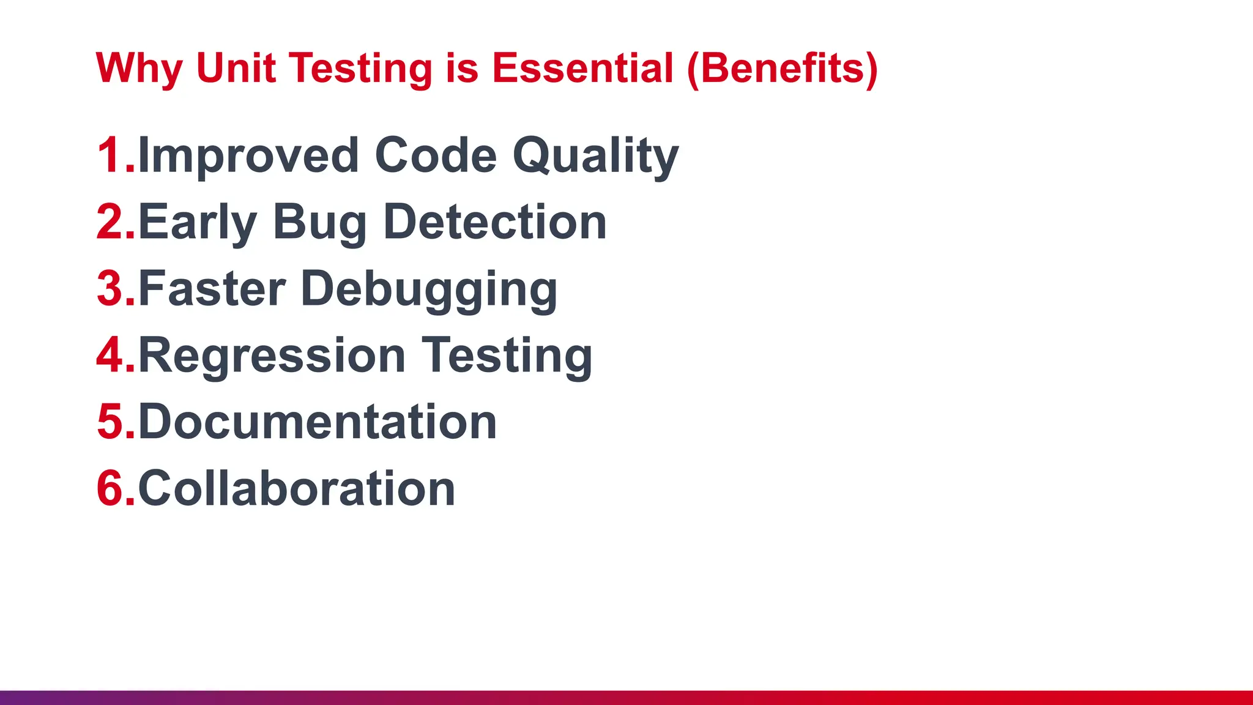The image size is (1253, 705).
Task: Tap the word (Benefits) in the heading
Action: tap(783, 69)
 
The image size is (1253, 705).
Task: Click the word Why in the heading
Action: tap(139, 69)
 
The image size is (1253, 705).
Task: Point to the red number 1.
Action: tap(112, 155)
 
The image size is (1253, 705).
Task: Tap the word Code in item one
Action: tap(436, 155)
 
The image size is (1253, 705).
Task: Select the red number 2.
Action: tap(112, 222)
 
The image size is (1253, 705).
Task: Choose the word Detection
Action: tap(495, 222)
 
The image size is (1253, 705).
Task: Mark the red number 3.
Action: tap(112, 289)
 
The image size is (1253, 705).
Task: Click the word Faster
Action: tap(212, 289)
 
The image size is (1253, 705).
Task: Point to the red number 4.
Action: tap(112, 356)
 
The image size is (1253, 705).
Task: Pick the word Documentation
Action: tap(318, 422)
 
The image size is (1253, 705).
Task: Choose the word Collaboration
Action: tap(297, 489)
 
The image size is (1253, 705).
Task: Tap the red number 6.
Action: tap(112, 489)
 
